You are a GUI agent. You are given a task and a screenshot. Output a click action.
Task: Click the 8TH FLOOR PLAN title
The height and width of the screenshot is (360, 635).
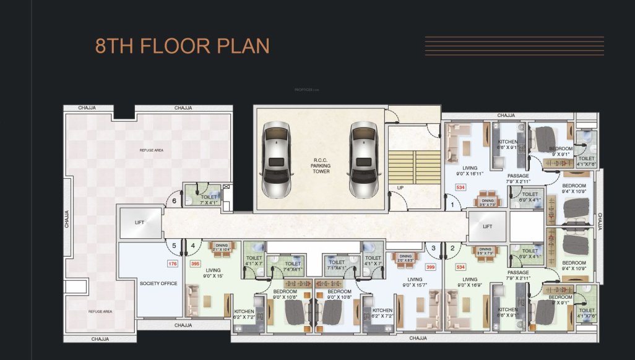coord(182,46)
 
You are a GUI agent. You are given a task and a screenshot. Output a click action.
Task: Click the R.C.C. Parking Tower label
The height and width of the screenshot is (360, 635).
coord(321,167)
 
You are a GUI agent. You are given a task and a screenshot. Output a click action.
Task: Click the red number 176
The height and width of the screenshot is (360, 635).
coord(173,264)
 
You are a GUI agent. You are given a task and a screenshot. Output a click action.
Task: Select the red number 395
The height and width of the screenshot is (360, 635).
coord(196,264)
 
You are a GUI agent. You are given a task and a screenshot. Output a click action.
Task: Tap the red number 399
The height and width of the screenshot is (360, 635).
coord(431,267)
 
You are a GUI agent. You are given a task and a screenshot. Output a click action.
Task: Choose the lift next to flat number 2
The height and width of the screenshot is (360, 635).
coord(487,227)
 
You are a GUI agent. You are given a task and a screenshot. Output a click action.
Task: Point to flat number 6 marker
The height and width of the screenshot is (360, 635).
coord(175,201)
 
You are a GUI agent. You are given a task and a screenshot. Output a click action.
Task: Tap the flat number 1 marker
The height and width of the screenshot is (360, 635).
coord(452,204)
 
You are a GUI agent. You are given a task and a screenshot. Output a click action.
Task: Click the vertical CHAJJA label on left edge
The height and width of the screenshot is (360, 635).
coord(67,220)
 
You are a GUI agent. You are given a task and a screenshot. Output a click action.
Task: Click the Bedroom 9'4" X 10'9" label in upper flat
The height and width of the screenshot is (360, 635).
coord(574,189)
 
